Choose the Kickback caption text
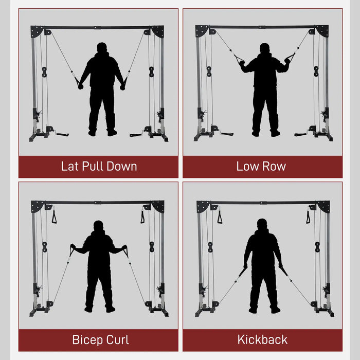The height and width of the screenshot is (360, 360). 262,340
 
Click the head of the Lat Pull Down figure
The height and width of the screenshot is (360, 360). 102,48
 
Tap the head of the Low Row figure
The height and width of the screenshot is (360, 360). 265,49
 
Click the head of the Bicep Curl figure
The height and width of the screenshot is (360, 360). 98,226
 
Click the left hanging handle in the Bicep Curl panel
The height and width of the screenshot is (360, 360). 55,217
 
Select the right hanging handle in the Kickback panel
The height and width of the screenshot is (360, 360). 308,217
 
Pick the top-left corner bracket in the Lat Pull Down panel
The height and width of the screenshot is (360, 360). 37,31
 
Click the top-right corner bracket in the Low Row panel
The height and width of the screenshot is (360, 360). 322,31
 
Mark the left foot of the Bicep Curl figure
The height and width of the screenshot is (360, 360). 88,309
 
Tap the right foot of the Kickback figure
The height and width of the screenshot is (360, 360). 275,310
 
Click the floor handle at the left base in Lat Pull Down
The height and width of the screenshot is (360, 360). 62,134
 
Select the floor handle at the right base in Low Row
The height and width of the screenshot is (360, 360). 301,134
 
